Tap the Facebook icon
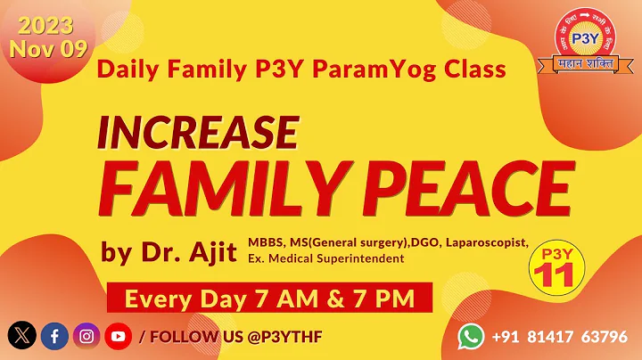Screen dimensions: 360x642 click(53, 336)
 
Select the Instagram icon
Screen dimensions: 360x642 click(86, 336)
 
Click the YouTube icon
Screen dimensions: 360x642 click(118, 336)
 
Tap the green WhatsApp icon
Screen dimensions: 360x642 click(472, 336)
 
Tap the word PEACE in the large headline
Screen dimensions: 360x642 click(470, 186)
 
